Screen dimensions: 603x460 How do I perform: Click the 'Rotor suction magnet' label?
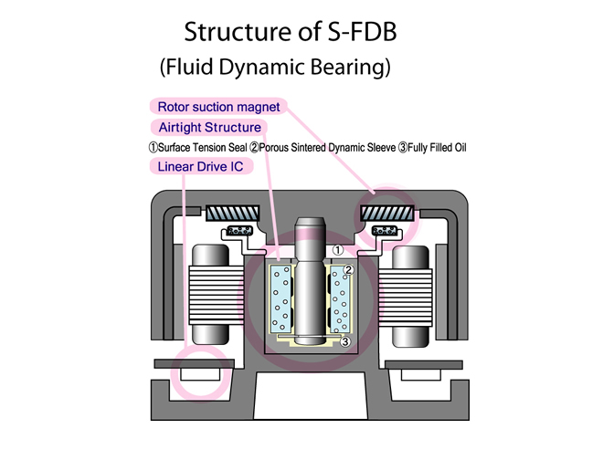click(x=218, y=107)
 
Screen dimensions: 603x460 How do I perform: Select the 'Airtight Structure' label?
click(x=209, y=127)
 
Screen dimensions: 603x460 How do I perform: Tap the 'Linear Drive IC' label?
click(x=200, y=166)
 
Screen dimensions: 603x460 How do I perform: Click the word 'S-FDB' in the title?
click(x=362, y=32)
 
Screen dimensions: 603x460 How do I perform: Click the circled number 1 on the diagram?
click(x=338, y=250)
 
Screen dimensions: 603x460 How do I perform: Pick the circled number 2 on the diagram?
click(x=348, y=270)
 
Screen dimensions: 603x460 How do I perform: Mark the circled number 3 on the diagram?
click(x=345, y=341)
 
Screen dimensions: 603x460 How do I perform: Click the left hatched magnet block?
click(x=233, y=213)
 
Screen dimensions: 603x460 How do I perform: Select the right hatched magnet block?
click(x=387, y=213)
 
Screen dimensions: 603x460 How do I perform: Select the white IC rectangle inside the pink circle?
click(x=200, y=374)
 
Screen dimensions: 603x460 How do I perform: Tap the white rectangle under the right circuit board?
click(x=420, y=375)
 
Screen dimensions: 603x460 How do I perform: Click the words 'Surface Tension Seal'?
click(x=202, y=148)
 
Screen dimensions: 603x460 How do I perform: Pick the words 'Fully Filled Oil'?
click(x=437, y=148)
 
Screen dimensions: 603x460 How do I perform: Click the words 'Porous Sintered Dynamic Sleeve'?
click(x=327, y=148)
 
